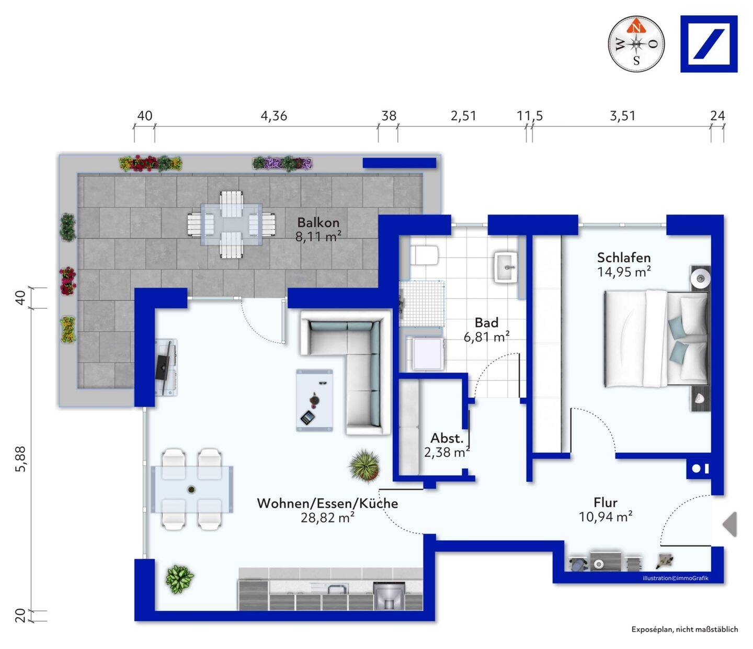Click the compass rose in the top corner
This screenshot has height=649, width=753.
click(636, 44)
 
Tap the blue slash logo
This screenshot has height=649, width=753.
click(709, 44)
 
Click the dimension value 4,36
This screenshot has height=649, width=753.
click(273, 116)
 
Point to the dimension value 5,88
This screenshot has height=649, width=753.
click(21, 459)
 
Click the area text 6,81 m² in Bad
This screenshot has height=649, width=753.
click(486, 337)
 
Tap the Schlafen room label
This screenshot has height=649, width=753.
click(624, 258)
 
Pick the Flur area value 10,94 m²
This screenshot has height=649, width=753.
click(606, 516)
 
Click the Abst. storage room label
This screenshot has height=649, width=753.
click(447, 438)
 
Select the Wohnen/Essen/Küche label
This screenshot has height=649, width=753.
click(327, 503)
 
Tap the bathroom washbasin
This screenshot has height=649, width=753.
click(506, 267)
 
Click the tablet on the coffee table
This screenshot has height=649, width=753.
click(307, 417)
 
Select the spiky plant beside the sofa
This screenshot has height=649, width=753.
click(364, 465)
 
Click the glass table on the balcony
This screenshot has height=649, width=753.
click(231, 224)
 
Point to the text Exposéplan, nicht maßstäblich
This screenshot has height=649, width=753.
click(685, 629)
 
